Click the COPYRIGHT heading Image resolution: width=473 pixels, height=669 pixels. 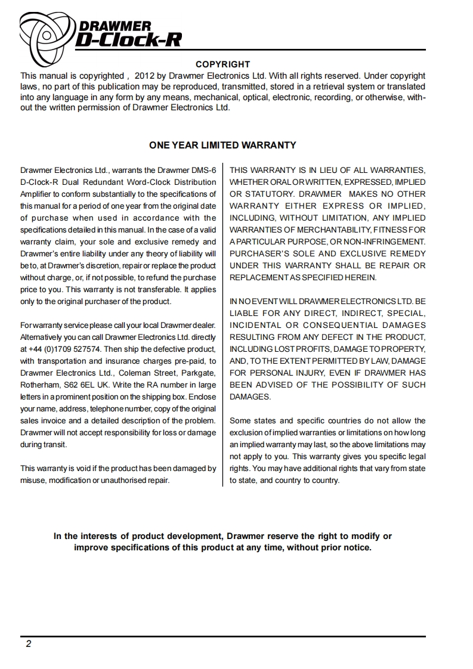[223, 64]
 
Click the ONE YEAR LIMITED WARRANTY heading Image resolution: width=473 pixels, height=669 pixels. [222, 145]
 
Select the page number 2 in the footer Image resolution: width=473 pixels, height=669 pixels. [28, 644]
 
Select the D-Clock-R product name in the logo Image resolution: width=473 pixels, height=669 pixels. [128, 39]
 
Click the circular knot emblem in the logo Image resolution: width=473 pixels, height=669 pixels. [47, 32]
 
